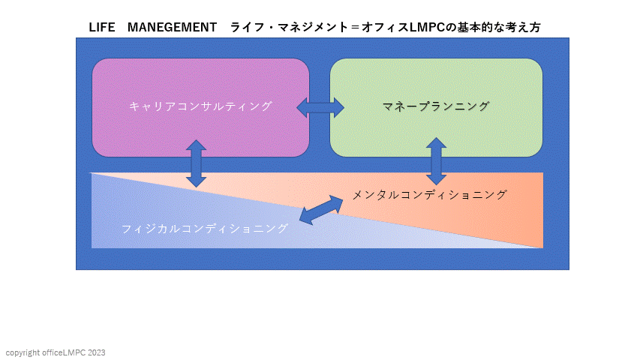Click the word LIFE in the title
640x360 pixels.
[101, 27]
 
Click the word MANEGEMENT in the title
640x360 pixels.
[172, 27]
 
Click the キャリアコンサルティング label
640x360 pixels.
[200, 106]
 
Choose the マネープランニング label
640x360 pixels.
[436, 106]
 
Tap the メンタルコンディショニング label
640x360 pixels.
[430, 195]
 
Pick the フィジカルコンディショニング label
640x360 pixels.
[205, 229]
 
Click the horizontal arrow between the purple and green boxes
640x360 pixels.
[320, 107]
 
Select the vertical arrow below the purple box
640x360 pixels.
[197, 163]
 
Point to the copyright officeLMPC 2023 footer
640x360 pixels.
[56, 352]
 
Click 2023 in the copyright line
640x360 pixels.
[97, 352]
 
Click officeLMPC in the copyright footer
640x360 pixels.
[64, 352]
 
